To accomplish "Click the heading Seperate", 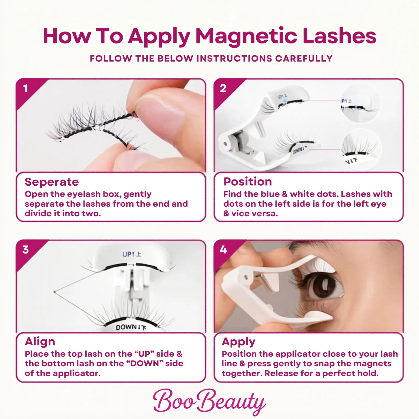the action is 52,182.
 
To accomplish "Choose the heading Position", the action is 248,182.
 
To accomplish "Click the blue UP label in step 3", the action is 132,254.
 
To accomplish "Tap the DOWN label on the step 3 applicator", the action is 131,327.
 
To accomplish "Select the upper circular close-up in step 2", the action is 361,103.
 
